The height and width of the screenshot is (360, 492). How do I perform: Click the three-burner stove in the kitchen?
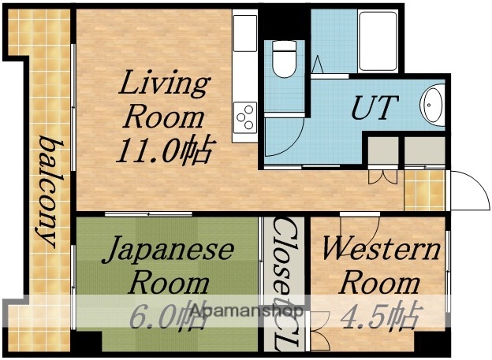pyautogui.click(x=245, y=117)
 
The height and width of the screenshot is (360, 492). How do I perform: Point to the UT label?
pyautogui.click(x=374, y=108)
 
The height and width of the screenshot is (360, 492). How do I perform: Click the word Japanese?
pyautogui.click(x=170, y=250)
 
